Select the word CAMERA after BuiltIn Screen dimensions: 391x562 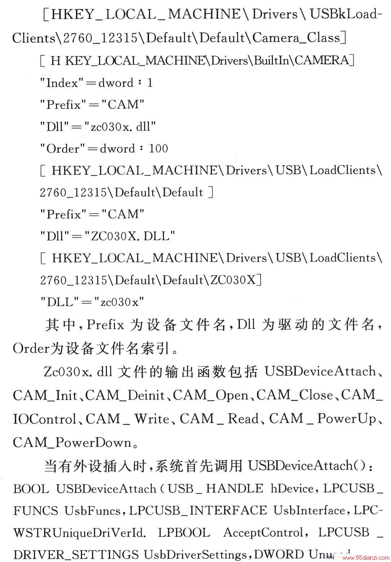point(322,61)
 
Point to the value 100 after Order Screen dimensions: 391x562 point(159,149)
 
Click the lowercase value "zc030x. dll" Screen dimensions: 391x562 point(120,127)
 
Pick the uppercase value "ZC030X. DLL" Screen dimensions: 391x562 point(130,236)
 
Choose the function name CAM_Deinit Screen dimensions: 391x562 point(125,395)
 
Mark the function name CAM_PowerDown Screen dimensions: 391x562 point(72,442)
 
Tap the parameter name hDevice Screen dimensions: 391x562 point(292,489)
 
